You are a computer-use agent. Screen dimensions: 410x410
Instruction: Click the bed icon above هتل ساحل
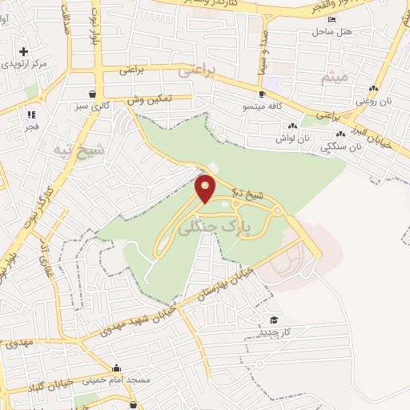(332, 19)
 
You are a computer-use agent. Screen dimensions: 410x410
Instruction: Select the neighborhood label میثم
(332, 78)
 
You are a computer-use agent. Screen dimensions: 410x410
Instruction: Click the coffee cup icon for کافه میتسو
(261, 94)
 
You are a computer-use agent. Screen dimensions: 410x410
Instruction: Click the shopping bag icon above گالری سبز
(94, 93)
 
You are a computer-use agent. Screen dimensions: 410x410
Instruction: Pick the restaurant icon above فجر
(32, 114)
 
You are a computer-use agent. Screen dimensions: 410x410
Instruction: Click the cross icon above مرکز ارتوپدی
(24, 51)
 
